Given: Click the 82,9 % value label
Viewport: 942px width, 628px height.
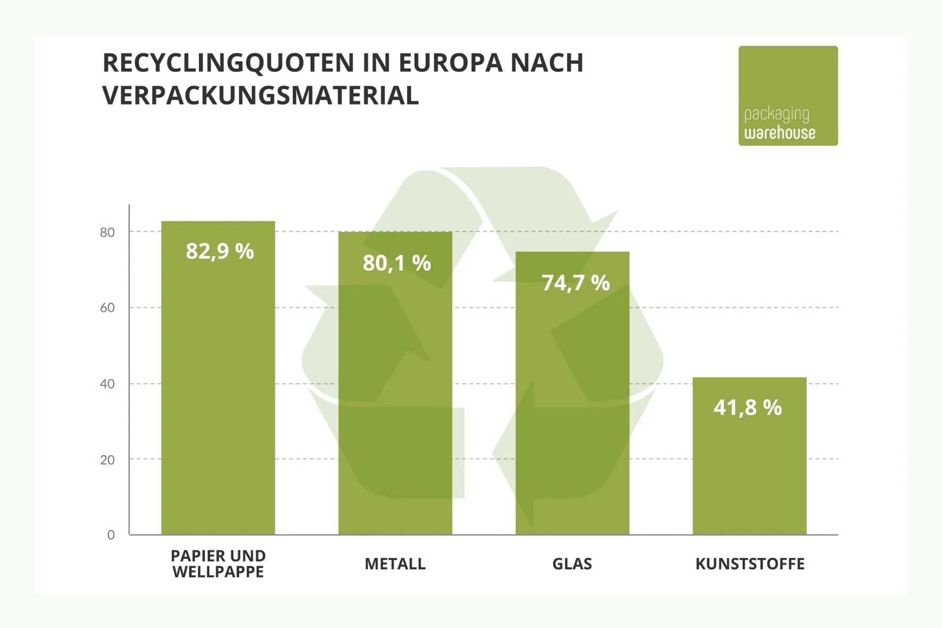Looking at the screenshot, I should (220, 251).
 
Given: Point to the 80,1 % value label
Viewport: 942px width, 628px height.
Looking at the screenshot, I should (397, 263).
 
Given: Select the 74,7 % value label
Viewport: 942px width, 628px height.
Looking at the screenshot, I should (575, 283).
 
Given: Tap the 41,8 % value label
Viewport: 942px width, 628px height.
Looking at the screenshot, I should (747, 407).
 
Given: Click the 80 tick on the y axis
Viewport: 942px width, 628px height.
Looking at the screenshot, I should (107, 232).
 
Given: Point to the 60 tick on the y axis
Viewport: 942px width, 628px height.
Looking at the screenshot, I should (107, 308).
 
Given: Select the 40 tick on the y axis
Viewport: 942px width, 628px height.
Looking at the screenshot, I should (107, 384).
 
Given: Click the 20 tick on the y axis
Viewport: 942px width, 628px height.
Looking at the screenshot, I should (107, 460).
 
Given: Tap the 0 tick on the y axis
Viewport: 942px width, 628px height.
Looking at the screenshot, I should (111, 535).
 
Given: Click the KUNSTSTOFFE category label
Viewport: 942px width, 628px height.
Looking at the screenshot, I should (750, 564).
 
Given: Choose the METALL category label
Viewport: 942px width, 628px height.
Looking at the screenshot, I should (395, 564).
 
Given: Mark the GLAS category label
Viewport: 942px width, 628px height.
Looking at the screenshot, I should (572, 564).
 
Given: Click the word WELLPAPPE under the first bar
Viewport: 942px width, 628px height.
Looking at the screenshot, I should (218, 572).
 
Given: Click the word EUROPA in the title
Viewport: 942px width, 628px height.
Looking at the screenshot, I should (450, 63).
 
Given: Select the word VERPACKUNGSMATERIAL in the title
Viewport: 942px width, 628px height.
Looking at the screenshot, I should (260, 96).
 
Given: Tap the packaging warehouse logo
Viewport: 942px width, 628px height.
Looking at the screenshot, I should (788, 96).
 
